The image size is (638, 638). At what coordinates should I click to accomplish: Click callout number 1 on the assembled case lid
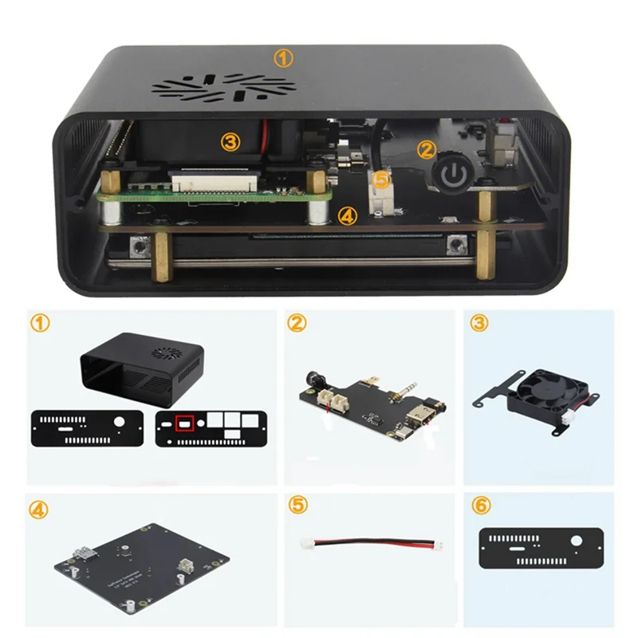click(x=284, y=57)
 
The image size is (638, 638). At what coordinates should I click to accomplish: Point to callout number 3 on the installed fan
click(x=230, y=142)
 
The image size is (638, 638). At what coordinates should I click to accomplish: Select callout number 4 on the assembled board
click(x=346, y=214)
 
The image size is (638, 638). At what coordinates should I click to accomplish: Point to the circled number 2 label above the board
click(x=297, y=323)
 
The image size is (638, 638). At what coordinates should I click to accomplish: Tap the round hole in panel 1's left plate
click(x=119, y=421)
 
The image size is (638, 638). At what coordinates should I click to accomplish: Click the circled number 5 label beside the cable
click(x=297, y=506)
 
